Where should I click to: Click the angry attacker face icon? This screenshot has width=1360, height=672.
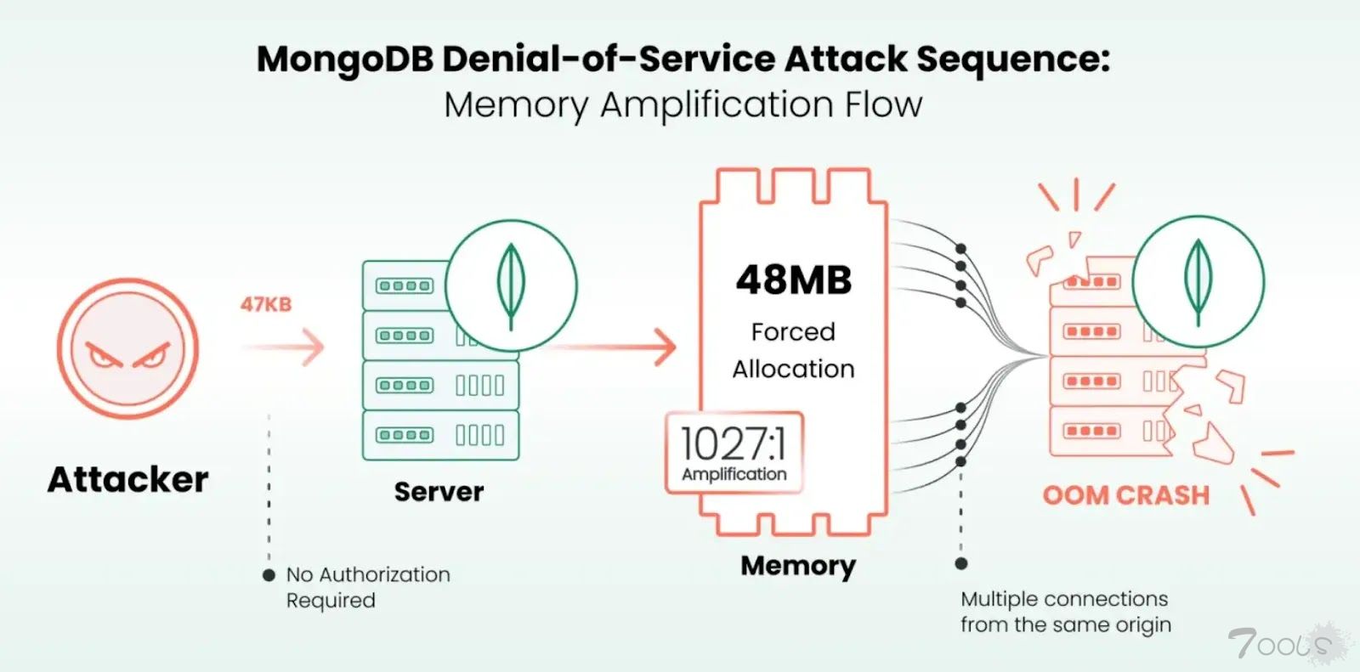coord(127,349)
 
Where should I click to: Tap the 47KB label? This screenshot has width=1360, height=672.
coord(265,304)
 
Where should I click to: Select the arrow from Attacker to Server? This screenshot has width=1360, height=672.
coord(284,347)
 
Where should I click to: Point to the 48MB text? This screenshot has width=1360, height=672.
coord(793,280)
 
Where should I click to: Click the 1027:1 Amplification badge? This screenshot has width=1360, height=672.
coord(734,453)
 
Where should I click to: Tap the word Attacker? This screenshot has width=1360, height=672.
coord(127,480)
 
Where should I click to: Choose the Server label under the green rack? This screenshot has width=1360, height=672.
coord(439,492)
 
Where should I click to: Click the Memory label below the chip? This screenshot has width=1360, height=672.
coord(797,566)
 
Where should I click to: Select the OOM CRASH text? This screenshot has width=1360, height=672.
coord(1125,495)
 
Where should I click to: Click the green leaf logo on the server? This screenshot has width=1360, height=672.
coord(511,285)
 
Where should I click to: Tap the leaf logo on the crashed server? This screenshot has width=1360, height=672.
coord(1198,281)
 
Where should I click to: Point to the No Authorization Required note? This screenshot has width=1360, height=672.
coord(367,587)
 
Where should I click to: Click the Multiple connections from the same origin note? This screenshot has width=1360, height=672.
coord(1065,612)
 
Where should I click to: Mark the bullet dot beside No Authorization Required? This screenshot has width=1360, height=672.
coord(269,575)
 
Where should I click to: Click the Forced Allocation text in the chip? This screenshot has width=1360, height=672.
coord(793,350)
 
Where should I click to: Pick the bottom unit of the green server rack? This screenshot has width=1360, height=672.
coord(440,435)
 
